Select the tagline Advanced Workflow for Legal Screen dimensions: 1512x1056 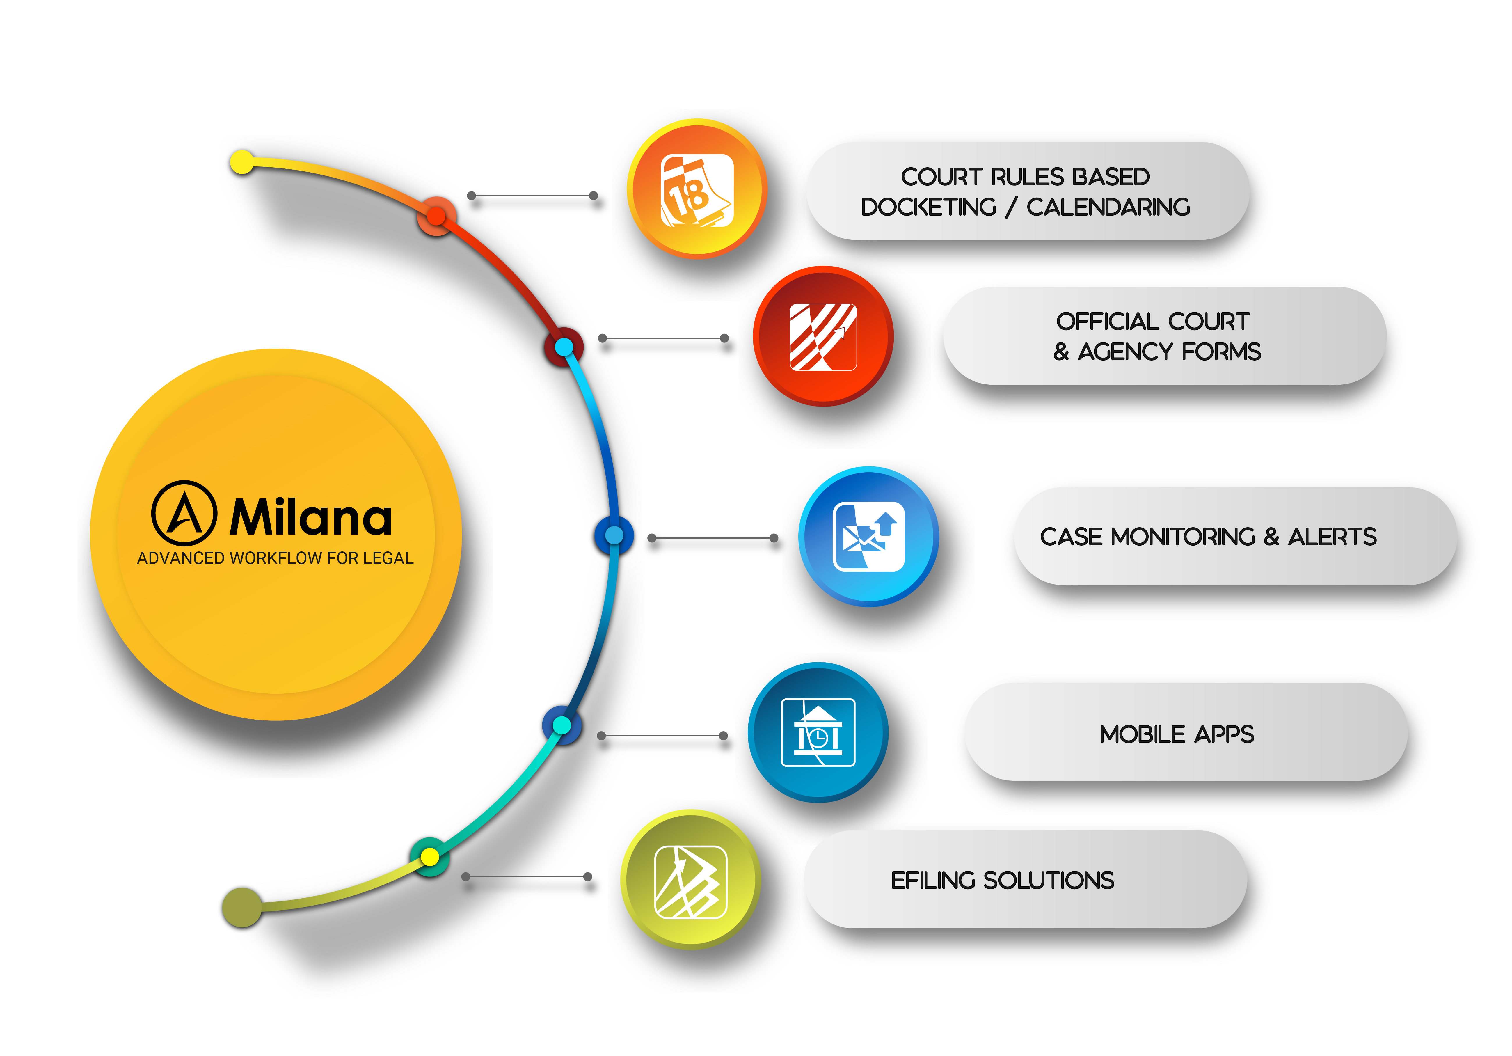pyautogui.click(x=275, y=558)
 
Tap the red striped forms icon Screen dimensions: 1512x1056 pyautogui.click(x=823, y=337)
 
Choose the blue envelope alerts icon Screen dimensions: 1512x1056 pyautogui.click(x=869, y=537)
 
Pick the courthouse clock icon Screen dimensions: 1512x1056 pyautogui.click(x=818, y=732)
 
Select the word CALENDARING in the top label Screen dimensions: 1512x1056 pyautogui.click(x=1108, y=207)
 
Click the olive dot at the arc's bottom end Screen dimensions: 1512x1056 pyautogui.click(x=242, y=907)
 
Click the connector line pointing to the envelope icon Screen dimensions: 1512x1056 pyautogui.click(x=713, y=538)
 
